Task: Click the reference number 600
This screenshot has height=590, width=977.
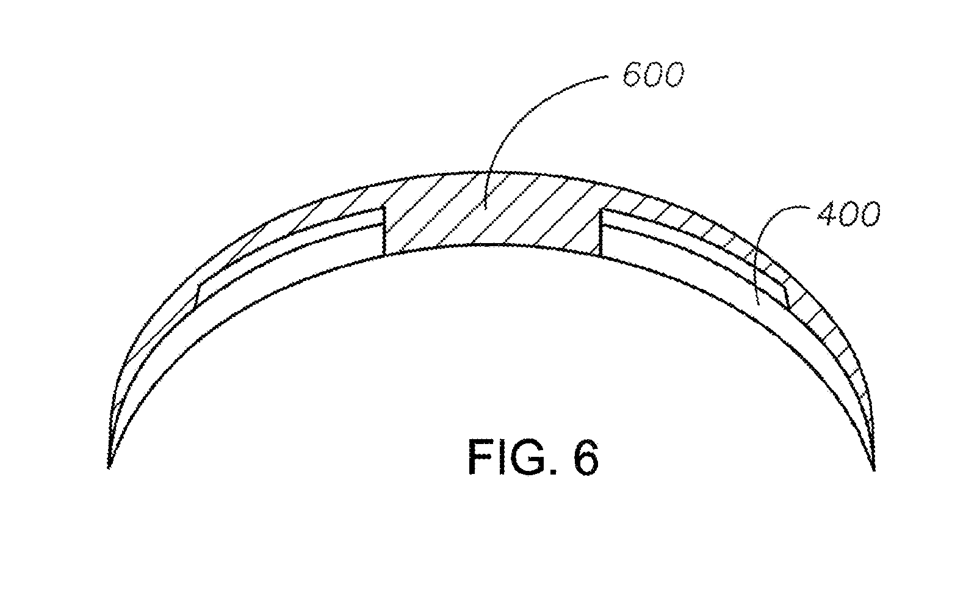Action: coord(653,75)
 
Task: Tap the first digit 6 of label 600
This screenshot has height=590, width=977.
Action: coord(633,75)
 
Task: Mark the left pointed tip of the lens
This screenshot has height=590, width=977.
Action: coord(109,468)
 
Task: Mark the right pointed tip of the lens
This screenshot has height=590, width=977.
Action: coord(874,470)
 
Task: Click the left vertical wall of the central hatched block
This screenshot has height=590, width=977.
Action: coord(384,231)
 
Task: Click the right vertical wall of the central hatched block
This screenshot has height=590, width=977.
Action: coord(600,232)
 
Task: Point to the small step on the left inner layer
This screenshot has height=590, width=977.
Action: coord(198,295)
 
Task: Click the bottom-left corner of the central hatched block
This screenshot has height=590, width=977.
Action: coord(384,255)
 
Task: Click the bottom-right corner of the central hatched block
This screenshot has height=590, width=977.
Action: coord(600,256)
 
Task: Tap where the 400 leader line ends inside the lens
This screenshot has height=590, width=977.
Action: coord(757,304)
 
